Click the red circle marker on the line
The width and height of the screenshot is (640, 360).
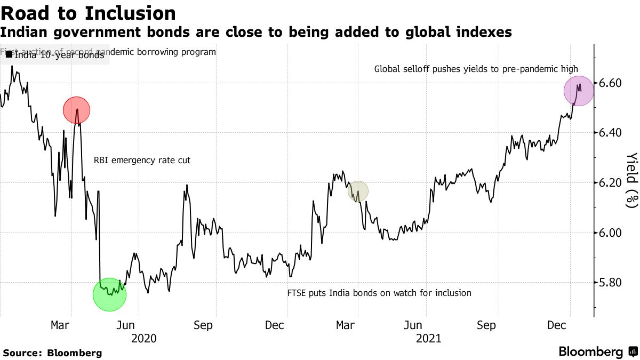(76, 110)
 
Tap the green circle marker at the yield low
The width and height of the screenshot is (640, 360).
(109, 294)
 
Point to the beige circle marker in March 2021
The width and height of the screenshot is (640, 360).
(358, 191)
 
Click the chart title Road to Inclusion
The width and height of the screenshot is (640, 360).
(88, 13)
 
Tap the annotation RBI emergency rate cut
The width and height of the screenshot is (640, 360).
(142, 160)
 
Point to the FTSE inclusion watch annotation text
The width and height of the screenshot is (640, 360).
(379, 293)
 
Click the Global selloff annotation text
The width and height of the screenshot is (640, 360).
(476, 69)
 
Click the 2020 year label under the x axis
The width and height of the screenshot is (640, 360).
(143, 338)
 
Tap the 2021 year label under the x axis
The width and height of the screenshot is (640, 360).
(428, 338)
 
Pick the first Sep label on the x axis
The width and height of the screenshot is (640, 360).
(203, 325)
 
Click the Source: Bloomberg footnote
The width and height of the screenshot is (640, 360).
(52, 353)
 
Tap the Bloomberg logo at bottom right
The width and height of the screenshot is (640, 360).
(597, 352)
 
